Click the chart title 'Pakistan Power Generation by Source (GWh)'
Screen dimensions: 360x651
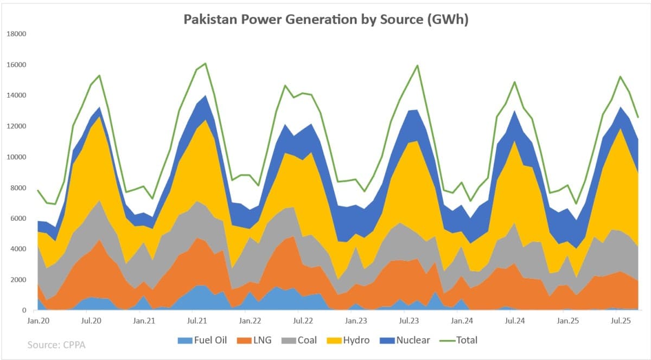325,20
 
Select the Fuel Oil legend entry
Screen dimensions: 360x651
202,340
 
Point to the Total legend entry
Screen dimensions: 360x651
461,340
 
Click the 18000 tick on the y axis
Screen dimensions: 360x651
16,34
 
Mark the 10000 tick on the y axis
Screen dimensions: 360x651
16,157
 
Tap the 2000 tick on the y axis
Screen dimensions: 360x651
17,280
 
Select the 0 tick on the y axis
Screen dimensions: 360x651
24,311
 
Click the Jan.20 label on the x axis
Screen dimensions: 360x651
39,321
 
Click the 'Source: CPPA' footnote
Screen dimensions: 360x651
56,344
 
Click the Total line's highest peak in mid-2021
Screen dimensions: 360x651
205,63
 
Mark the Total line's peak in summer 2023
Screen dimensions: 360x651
417,66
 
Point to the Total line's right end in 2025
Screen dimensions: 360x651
638,117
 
